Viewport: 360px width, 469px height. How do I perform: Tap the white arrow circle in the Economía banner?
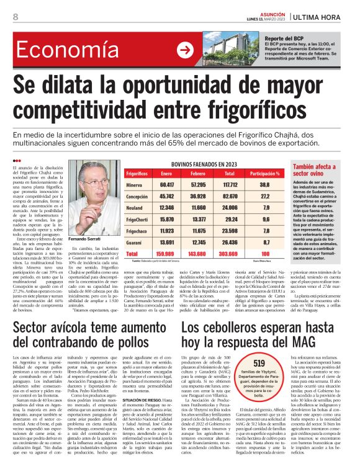click(x=184, y=50)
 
